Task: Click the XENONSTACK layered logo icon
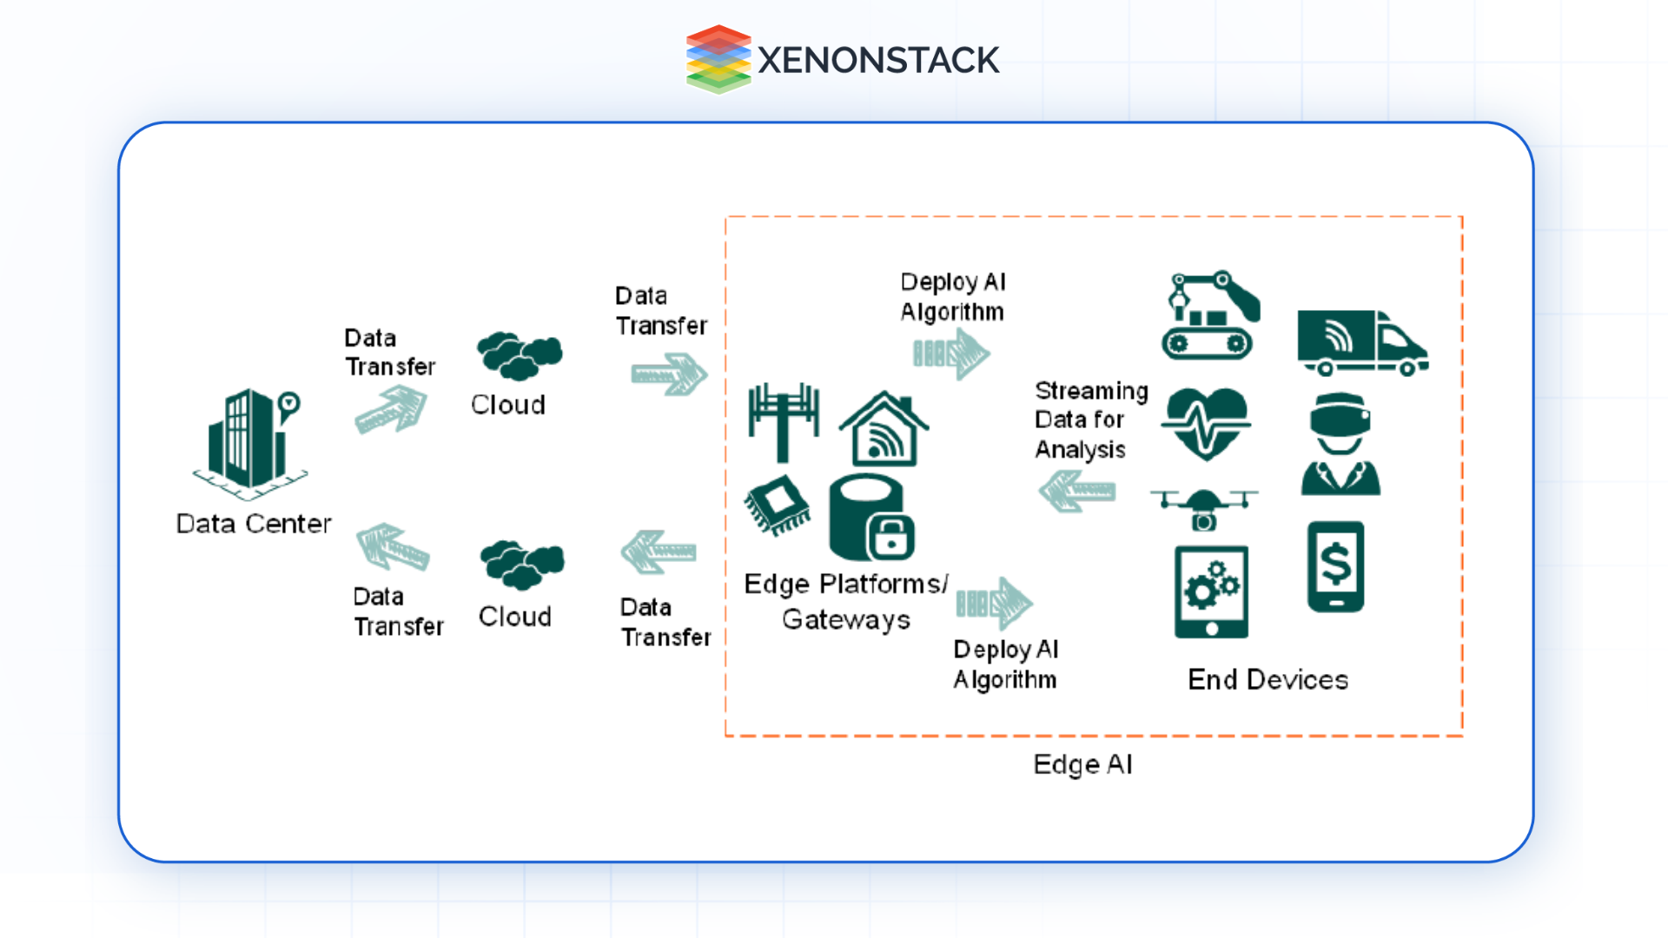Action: (718, 59)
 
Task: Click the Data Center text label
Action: (253, 524)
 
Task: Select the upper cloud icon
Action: (519, 355)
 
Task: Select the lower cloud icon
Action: (521, 564)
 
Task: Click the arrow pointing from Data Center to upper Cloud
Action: (392, 410)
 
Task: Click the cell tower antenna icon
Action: (783, 422)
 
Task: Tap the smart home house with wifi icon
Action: (884, 430)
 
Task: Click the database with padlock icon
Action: (871, 519)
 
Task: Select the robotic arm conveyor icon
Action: (1210, 315)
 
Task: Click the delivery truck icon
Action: (1361, 342)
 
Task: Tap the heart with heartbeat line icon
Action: (1206, 424)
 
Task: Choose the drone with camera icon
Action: (1203, 508)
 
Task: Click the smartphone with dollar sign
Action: (1335, 566)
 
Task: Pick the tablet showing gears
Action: (1211, 591)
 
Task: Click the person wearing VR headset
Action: (1340, 444)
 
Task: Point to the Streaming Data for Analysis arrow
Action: (1077, 492)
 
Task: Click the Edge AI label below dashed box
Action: (1082, 764)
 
